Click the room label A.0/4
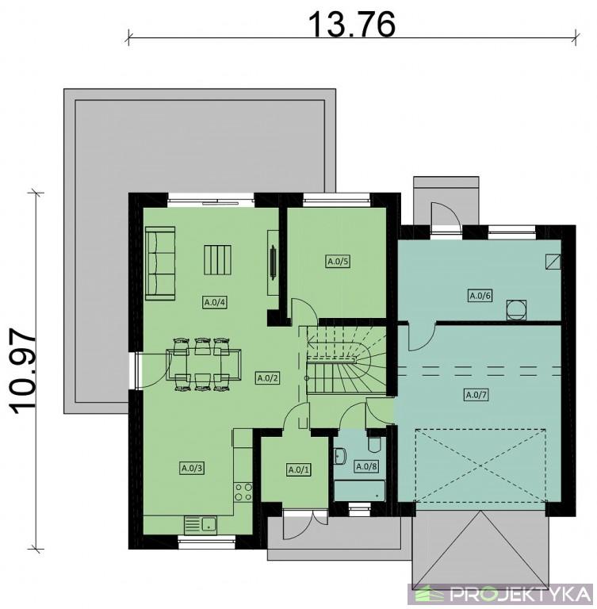[215, 302]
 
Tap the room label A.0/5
[338, 262]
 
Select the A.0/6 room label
[480, 296]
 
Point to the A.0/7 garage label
[476, 395]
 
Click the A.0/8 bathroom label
[366, 466]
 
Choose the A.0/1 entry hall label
[299, 470]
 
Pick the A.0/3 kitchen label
[193, 468]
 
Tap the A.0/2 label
[268, 377]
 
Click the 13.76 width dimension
[351, 24]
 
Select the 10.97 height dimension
[22, 372]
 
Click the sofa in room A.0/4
[160, 263]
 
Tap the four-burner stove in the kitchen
[243, 492]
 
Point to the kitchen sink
[201, 525]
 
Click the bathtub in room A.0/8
[360, 491]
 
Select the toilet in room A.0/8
[375, 445]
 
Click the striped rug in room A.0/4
[217, 259]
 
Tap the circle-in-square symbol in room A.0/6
[516, 309]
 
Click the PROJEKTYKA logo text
[519, 594]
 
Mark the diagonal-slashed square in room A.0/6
[553, 262]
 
